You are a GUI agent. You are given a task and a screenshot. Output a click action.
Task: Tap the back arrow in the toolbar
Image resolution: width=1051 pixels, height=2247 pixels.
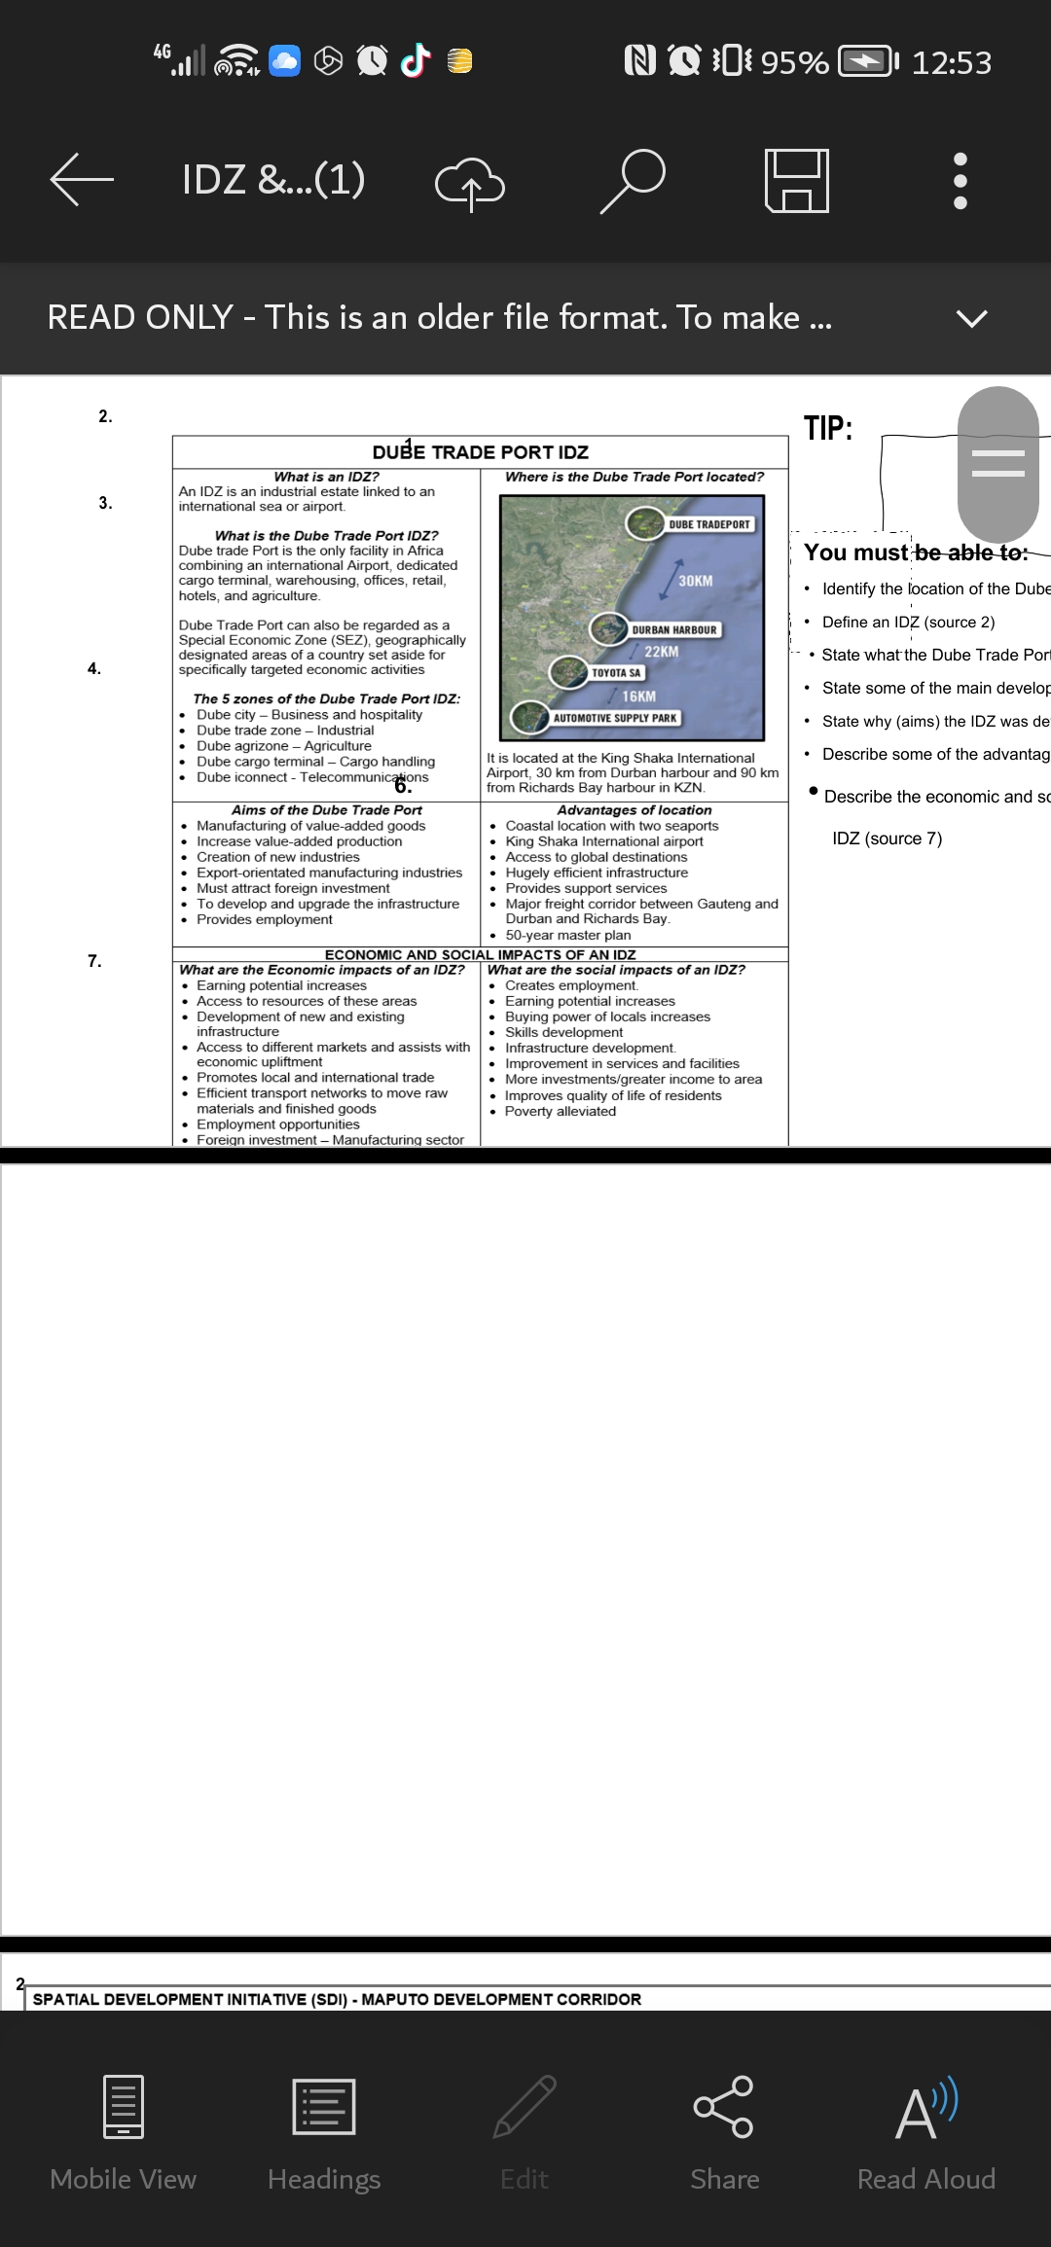(82, 179)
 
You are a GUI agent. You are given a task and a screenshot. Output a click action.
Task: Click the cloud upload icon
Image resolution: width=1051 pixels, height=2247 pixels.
(469, 182)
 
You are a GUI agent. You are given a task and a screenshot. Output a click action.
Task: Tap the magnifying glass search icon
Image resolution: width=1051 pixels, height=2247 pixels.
(633, 180)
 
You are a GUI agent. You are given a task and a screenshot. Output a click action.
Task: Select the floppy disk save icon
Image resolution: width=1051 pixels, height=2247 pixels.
(797, 180)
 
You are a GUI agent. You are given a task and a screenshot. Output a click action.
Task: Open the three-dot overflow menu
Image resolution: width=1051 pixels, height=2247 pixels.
(960, 180)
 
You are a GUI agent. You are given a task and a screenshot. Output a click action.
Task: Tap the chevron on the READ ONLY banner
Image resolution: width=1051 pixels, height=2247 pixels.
(971, 318)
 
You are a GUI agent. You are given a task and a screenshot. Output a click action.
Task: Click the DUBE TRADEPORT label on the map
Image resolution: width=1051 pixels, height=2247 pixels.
(709, 524)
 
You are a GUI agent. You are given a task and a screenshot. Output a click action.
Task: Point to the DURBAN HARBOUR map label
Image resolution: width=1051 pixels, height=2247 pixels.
(673, 629)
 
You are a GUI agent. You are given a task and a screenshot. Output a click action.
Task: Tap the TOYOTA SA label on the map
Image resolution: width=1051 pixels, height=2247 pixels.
(616, 672)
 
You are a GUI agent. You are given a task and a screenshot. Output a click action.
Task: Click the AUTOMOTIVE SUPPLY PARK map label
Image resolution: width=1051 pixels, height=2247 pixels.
(615, 718)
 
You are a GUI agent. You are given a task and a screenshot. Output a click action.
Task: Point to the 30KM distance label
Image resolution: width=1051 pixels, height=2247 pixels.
(695, 581)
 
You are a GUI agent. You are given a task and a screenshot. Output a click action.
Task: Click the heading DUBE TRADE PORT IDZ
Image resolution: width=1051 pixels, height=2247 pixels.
(481, 452)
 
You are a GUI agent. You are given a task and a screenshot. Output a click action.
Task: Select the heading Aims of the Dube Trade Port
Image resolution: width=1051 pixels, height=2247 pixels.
(327, 809)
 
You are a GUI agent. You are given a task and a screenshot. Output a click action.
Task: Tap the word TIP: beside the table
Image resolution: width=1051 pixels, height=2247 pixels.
(828, 428)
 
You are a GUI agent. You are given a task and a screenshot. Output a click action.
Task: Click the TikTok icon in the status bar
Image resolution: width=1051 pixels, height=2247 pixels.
(417, 61)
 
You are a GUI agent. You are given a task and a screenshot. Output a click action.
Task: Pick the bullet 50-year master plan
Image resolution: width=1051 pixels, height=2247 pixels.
(567, 935)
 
